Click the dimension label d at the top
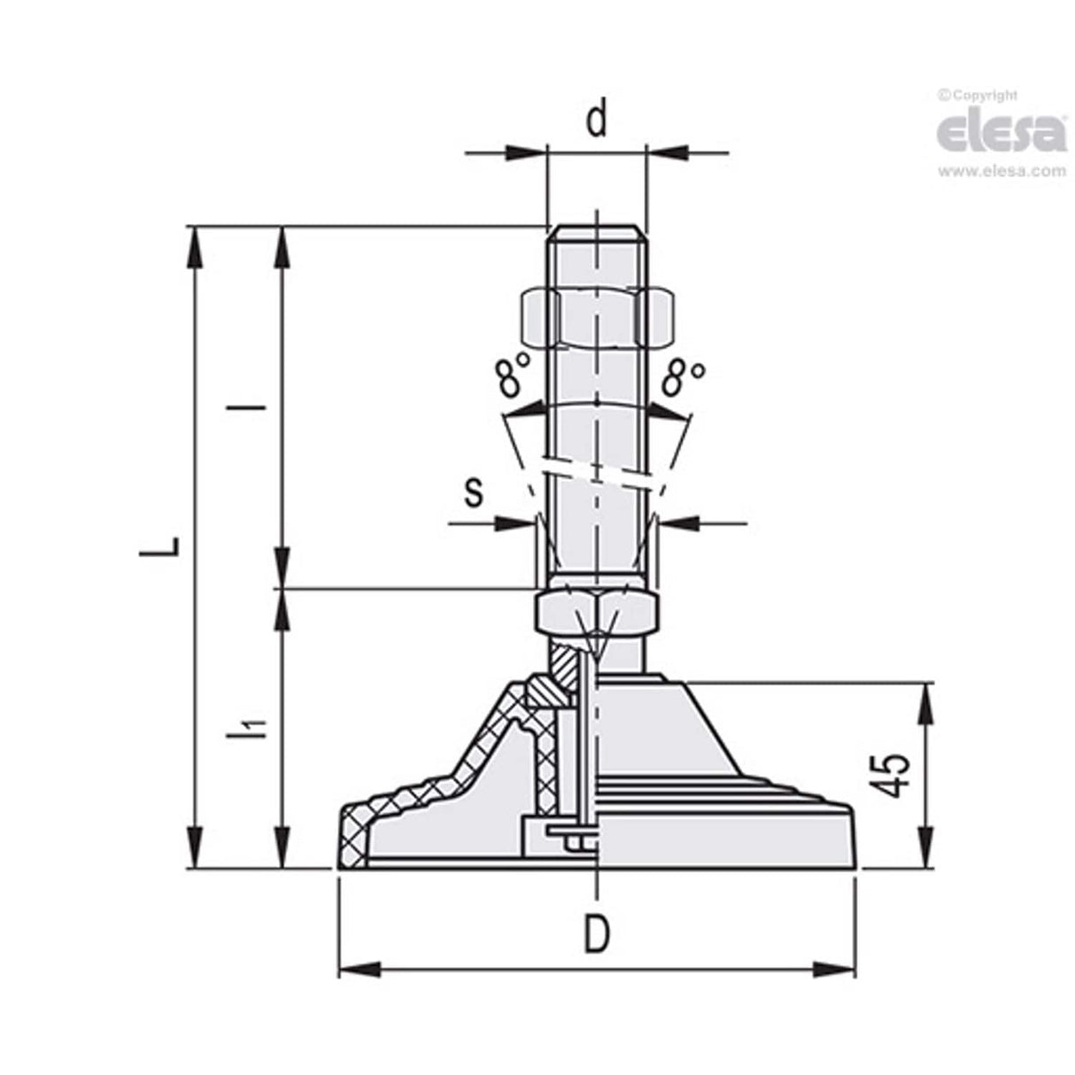pos(598,119)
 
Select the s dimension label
pos(475,492)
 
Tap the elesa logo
pos(1002,131)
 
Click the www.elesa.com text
pos(1002,172)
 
